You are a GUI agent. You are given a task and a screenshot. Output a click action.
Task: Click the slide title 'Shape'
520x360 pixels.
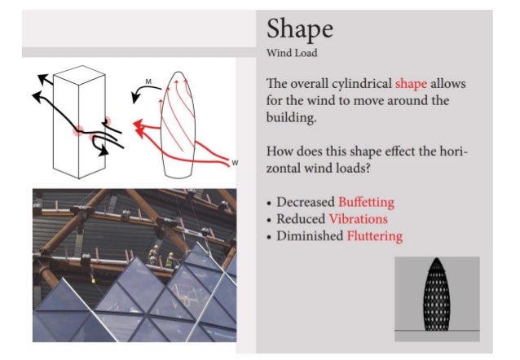(x=299, y=29)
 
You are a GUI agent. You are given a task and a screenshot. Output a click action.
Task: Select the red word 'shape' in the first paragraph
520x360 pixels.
(x=411, y=84)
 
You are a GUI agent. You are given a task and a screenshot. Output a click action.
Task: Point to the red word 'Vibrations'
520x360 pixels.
(x=358, y=219)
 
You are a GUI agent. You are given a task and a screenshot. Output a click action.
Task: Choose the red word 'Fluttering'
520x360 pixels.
(x=374, y=236)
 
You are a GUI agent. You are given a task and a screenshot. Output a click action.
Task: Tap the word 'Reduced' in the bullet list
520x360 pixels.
(x=300, y=219)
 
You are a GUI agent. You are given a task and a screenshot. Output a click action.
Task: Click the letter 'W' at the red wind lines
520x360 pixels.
(x=236, y=161)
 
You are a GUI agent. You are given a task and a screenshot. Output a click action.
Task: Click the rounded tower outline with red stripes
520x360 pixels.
(x=179, y=122)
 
